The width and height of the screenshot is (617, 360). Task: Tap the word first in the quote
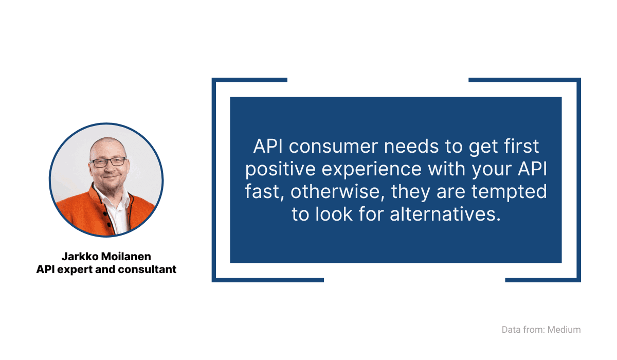click(519, 147)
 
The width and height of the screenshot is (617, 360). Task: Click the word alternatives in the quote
click(445, 214)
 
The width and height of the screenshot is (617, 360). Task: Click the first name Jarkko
click(80, 257)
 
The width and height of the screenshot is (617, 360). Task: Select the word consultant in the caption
click(149, 269)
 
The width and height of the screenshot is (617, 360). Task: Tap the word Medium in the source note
click(564, 330)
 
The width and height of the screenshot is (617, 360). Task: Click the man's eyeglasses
click(108, 162)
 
